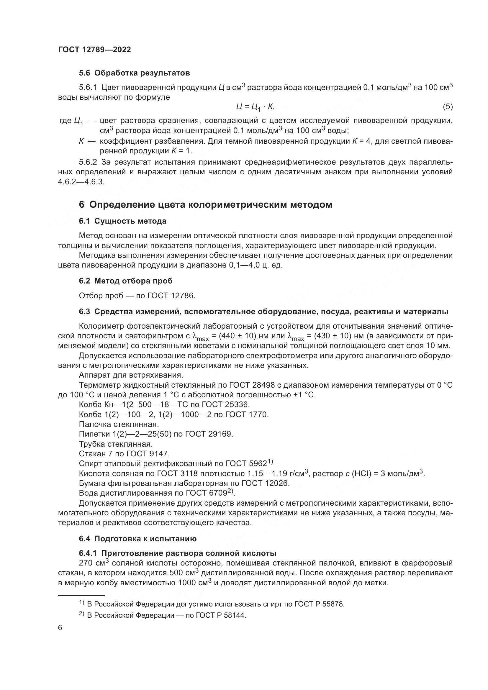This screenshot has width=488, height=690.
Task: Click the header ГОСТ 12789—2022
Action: pos(94,50)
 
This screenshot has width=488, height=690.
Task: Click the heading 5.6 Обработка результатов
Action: pos(134,73)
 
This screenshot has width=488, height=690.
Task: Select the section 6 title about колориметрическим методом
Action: pos(206,205)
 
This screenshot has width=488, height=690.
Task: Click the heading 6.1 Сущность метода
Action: pos(123,221)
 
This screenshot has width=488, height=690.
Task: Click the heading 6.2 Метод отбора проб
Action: pos(126,281)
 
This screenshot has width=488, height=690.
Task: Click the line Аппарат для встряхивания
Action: pos(131,375)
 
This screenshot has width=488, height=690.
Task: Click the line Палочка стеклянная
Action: pos(119,424)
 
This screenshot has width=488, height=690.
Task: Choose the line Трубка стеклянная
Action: pos(116,444)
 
